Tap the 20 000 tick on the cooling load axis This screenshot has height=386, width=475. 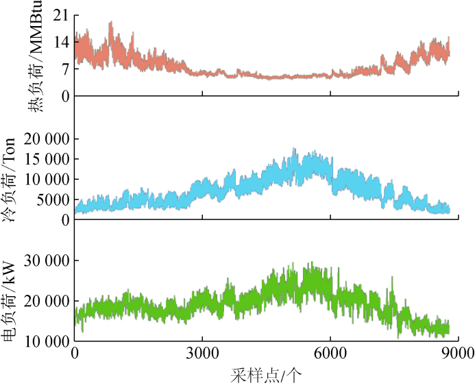point(47,138)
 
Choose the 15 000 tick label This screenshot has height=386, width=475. point(47,159)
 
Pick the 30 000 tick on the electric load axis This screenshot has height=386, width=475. point(47,261)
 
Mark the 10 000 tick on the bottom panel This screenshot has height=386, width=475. point(47,341)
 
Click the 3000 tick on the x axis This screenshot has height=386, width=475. point(202,354)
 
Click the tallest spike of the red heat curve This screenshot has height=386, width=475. point(110,22)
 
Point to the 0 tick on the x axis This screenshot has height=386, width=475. point(75,354)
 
